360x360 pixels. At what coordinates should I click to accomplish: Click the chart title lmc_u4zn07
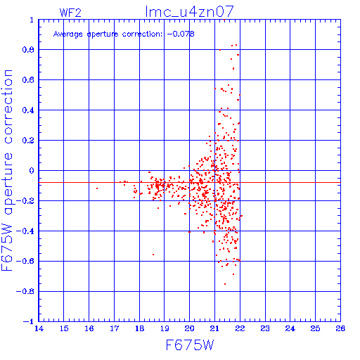pyautogui.click(x=190, y=11)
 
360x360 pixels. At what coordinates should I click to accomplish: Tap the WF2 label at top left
pyautogui.click(x=70, y=13)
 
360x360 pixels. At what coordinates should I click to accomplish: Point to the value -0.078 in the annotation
pyautogui.click(x=181, y=34)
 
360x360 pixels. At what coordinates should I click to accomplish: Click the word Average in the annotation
pyautogui.click(x=68, y=34)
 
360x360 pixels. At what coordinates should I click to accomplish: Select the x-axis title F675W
pyautogui.click(x=190, y=345)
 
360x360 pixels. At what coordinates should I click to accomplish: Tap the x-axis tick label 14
pyautogui.click(x=39, y=328)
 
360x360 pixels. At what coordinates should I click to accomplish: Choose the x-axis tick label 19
pyautogui.click(x=165, y=328)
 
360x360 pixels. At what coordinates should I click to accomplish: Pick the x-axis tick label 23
pyautogui.click(x=265, y=328)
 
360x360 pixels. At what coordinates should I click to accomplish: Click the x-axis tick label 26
pyautogui.click(x=340, y=328)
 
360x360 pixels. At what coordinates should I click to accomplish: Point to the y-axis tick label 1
pyautogui.click(x=32, y=20)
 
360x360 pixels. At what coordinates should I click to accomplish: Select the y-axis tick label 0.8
pyautogui.click(x=28, y=50)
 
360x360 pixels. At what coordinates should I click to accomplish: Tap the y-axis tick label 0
pyautogui.click(x=32, y=171)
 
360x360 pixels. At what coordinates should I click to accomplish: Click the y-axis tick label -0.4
pyautogui.click(x=25, y=231)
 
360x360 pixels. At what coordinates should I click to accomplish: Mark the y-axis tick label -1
pyautogui.click(x=29, y=321)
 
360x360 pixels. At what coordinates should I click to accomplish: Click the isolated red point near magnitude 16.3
pyautogui.click(x=97, y=188)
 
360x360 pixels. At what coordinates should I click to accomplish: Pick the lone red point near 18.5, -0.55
pyautogui.click(x=153, y=255)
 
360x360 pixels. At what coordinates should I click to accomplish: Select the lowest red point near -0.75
pyautogui.click(x=225, y=284)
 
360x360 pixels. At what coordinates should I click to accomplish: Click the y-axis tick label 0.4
pyautogui.click(x=28, y=110)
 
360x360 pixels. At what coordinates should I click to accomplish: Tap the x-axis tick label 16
pyautogui.click(x=89, y=328)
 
